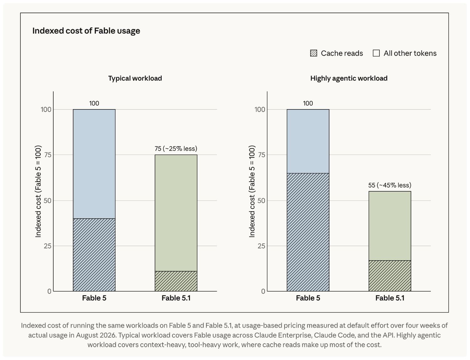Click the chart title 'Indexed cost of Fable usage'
86,31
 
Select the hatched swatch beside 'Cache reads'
313,53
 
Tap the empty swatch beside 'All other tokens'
376,53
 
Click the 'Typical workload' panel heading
135,78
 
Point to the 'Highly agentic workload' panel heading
349,78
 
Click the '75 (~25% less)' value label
176,149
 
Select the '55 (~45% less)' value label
390,185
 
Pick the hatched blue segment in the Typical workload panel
94,255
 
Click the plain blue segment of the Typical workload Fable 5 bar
94,164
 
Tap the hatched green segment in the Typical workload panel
176,281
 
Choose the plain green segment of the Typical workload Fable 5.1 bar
176,213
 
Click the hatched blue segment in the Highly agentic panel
308,232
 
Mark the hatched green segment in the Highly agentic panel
390,276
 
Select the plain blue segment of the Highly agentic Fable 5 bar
308,141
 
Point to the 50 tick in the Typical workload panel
47,201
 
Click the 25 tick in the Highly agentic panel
261,246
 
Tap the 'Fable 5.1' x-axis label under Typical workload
176,298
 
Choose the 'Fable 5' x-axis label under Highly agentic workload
308,298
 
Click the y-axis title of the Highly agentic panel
252,191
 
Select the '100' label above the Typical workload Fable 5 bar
94,103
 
